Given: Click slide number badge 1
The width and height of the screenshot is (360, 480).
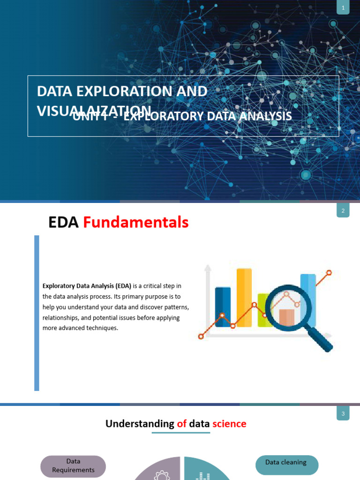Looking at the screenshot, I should (x=343, y=8).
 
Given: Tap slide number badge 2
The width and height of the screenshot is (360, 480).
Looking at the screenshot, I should (x=343, y=211).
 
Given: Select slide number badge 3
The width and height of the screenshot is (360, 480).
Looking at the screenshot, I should (x=343, y=414).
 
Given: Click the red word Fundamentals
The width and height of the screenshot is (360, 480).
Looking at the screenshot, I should (x=136, y=223).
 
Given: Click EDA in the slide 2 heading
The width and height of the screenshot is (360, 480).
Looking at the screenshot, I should (x=63, y=223).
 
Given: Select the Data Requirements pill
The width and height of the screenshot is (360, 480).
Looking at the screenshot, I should (x=73, y=466).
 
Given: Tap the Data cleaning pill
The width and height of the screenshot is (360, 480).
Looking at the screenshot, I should (x=286, y=463).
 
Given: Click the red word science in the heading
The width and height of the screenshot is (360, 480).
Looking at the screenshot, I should (x=229, y=424).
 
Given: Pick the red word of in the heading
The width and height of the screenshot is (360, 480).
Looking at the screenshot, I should (x=182, y=424).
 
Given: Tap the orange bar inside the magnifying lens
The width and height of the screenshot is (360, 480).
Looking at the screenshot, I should (x=286, y=317).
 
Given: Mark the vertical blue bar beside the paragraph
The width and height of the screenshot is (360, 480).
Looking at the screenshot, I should (x=37, y=313).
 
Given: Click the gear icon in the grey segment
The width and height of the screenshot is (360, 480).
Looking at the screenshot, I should (x=162, y=476).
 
